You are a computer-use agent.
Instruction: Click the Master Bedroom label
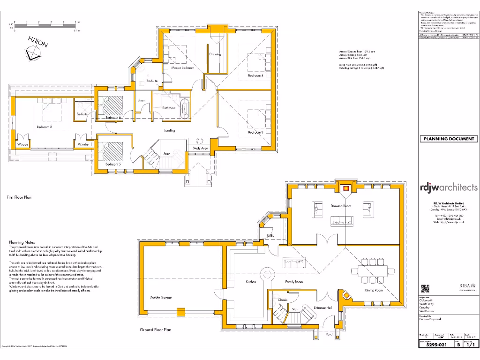pyautogui.click(x=182, y=68)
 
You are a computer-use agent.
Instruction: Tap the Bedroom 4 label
pyautogui.click(x=255, y=75)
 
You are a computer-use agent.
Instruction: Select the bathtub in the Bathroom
pyautogui.click(x=184, y=108)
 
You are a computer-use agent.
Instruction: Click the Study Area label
pyautogui.click(x=200, y=148)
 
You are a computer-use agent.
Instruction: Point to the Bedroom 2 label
pyautogui.click(x=44, y=127)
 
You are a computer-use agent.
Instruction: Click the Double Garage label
pyautogui.click(x=161, y=297)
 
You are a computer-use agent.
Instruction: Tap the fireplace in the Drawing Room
pyautogui.click(x=345, y=188)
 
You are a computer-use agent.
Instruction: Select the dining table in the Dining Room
pyautogui.click(x=374, y=272)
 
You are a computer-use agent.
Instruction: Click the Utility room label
pyautogui.click(x=270, y=235)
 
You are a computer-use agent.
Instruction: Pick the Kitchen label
pyautogui.click(x=251, y=282)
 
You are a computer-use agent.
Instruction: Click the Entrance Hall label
pyautogui.click(x=322, y=308)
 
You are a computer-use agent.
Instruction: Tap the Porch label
pyautogui.click(x=330, y=334)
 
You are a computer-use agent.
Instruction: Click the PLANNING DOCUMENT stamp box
pyautogui.click(x=449, y=139)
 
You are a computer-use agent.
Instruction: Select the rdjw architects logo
pyautogui.click(x=449, y=187)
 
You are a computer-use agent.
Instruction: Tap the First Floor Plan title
pyautogui.click(x=19, y=198)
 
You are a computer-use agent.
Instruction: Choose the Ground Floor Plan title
pyautogui.click(x=155, y=330)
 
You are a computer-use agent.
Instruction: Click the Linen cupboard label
pyautogui.click(x=141, y=100)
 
